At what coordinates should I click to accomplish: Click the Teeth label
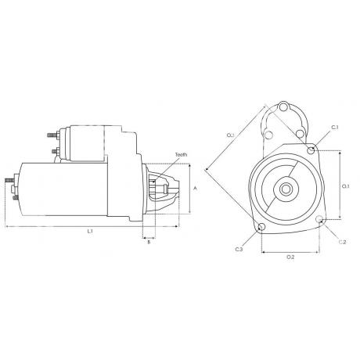182,155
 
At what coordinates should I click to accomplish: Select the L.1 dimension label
90,232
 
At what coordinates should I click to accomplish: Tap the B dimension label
149,242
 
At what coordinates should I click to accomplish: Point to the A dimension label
195,188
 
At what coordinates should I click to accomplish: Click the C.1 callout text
335,128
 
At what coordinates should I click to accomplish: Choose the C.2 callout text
342,242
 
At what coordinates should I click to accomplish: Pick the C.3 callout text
239,250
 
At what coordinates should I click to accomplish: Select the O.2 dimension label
290,257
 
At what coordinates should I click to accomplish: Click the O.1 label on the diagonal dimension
230,135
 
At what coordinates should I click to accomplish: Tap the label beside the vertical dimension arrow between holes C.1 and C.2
345,186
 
